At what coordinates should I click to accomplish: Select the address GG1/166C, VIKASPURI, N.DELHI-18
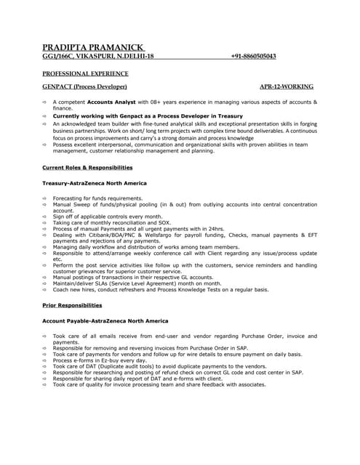[x=98, y=56]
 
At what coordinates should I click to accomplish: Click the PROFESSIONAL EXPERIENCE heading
[x=85, y=73]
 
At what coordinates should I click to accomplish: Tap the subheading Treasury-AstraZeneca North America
[x=95, y=183]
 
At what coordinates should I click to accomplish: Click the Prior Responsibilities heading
[x=72, y=305]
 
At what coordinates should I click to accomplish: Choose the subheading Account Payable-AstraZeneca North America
[x=105, y=320]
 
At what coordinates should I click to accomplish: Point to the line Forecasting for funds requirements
[x=98, y=198]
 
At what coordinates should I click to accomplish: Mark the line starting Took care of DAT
[x=160, y=366]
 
